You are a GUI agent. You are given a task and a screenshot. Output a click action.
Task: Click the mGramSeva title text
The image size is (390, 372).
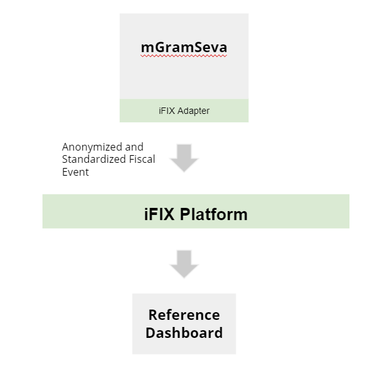click(x=184, y=47)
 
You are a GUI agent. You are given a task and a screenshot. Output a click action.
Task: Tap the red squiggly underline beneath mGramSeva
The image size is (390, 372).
click(x=184, y=56)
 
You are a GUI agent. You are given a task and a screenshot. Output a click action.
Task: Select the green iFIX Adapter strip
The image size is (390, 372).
click(x=184, y=111)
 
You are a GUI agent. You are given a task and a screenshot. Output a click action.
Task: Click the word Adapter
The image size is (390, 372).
click(x=193, y=111)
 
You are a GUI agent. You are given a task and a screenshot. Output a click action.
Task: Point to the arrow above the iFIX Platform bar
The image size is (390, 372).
click(x=184, y=158)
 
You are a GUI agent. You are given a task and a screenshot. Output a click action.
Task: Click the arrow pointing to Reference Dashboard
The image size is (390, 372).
click(x=184, y=264)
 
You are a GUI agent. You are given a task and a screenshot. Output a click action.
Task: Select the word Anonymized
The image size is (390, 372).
click(x=92, y=147)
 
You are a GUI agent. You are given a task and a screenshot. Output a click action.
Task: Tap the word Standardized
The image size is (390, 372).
click(x=94, y=160)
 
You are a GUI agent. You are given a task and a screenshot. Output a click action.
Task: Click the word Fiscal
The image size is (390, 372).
click(x=142, y=160)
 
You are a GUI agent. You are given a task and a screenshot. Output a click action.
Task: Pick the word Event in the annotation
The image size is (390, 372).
click(x=75, y=172)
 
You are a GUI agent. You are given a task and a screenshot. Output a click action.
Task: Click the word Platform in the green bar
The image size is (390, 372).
click(x=214, y=214)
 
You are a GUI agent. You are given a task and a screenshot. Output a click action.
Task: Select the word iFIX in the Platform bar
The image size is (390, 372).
click(x=159, y=214)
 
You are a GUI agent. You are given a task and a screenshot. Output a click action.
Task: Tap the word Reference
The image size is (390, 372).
click(x=184, y=315)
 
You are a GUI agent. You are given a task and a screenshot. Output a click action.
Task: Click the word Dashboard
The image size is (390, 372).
click(x=184, y=333)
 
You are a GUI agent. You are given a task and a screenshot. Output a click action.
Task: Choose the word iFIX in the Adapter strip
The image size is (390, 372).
click(x=167, y=111)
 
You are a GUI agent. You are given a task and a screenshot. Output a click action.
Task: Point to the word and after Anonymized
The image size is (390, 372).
click(x=134, y=147)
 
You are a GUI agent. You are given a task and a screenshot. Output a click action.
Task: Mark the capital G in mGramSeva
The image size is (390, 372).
click(x=158, y=47)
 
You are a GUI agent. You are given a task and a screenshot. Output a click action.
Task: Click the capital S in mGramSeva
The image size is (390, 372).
click(x=199, y=47)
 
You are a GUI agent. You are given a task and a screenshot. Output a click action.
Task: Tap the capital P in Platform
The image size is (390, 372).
click(x=185, y=214)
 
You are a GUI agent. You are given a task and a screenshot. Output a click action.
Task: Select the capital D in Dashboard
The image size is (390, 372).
click(x=151, y=333)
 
